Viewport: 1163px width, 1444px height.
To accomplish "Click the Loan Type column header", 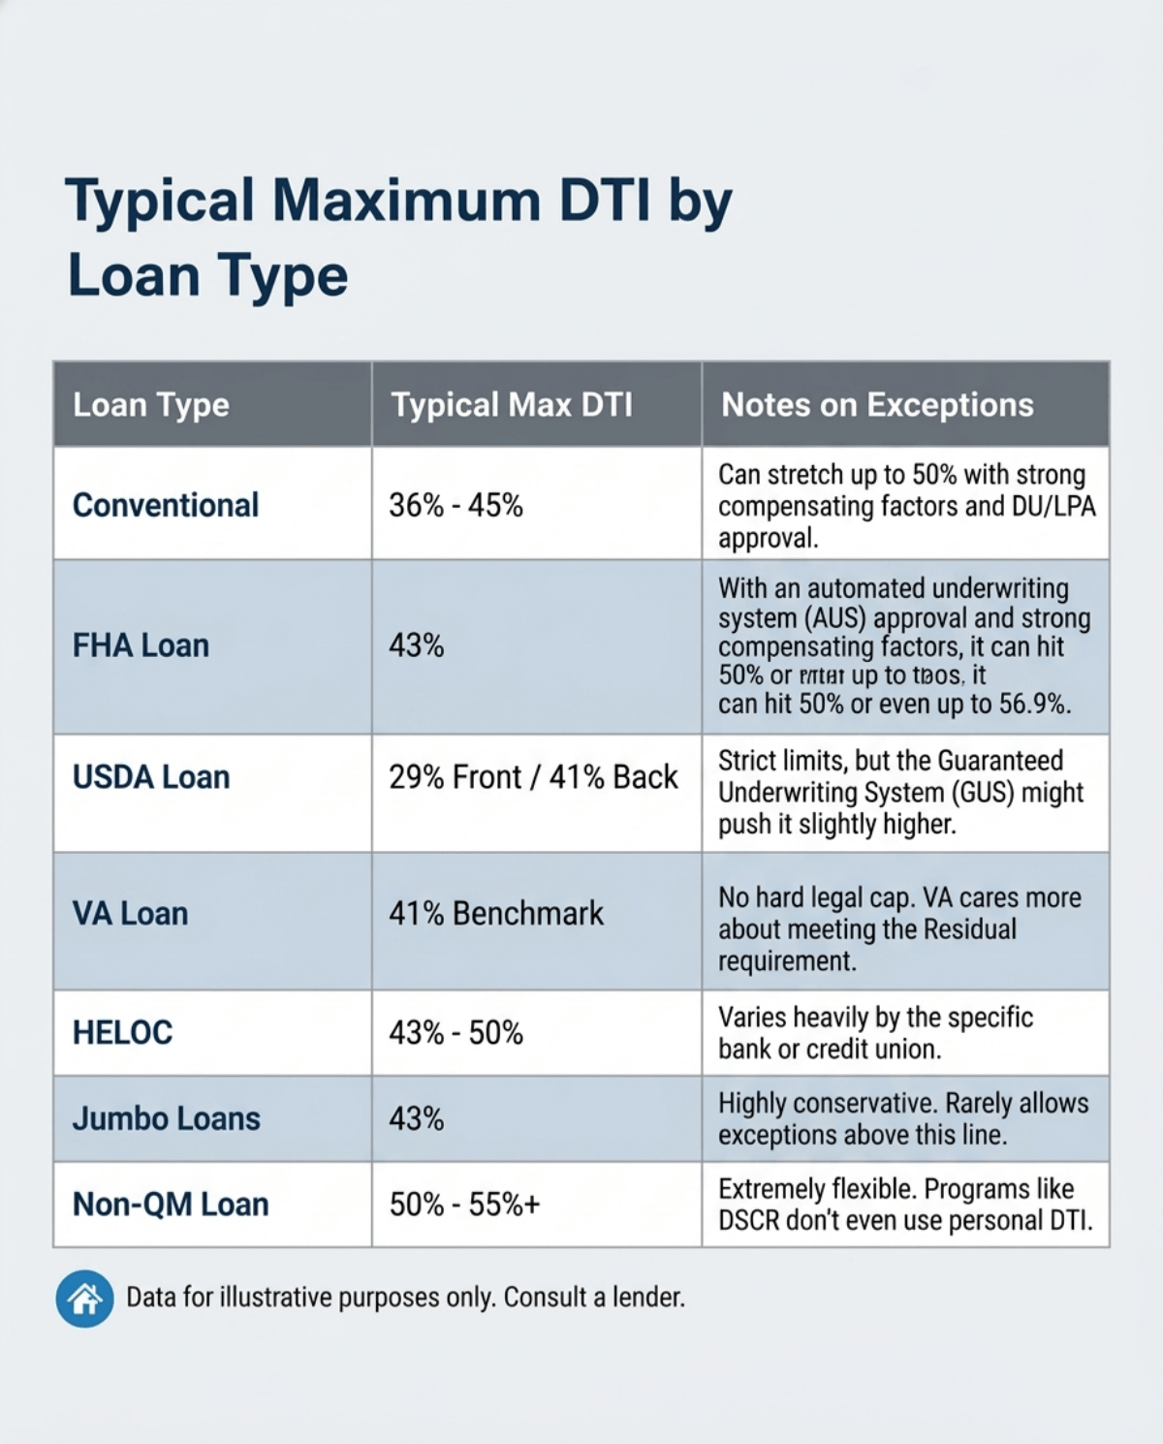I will pos(151,405).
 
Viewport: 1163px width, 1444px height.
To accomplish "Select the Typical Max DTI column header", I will pos(512,405).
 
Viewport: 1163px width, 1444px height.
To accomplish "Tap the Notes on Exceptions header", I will pos(877,405).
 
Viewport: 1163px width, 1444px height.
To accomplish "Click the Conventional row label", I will pos(166,505).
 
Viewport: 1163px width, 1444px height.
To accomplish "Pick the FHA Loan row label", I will pos(141,645).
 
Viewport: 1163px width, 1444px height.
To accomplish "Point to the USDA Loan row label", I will pos(151,777).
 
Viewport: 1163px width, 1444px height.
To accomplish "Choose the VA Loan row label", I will pos(130,913).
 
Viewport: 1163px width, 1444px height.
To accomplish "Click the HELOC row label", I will pos(122,1033).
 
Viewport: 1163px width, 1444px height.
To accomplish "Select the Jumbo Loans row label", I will pos(166,1119).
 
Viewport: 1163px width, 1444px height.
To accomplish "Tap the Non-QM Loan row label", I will pos(171,1205).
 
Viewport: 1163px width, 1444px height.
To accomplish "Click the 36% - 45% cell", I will pos(456,505).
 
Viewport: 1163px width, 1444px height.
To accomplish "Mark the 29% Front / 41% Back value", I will pos(533,777).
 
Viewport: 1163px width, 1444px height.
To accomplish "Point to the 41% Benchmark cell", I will pos(496,913).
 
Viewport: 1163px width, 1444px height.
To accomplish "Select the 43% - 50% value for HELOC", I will pos(456,1033).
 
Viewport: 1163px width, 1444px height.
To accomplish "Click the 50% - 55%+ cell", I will pos(464,1205).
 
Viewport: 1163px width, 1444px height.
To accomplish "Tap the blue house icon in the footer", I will pos(85,1298).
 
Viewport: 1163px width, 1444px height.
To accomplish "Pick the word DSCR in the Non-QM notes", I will pos(748,1221).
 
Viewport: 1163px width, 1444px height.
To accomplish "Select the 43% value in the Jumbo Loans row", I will pos(417,1119).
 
